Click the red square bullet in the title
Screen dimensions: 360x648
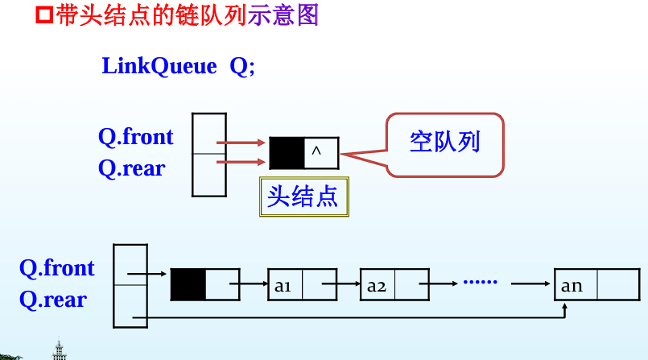pos(46,15)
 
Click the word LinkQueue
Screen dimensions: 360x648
pos(159,66)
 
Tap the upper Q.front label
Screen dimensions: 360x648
pos(136,137)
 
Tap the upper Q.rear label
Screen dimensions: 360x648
pos(131,168)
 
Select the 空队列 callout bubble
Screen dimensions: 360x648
pos(445,143)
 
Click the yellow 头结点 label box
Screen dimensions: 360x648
pos(303,197)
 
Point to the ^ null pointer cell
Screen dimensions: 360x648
pos(321,152)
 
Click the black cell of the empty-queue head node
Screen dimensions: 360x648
pos(287,152)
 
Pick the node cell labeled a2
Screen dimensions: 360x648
pos(378,284)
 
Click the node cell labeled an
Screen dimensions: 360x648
pos(572,284)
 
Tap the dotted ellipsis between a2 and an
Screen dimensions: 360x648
pos(481,283)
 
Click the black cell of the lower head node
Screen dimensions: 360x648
pos(188,284)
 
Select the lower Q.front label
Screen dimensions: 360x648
pos(56,268)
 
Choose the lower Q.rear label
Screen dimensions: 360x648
pos(52,300)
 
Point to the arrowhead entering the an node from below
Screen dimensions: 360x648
pos(566,307)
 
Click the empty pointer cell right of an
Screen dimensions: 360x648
pos(618,284)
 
